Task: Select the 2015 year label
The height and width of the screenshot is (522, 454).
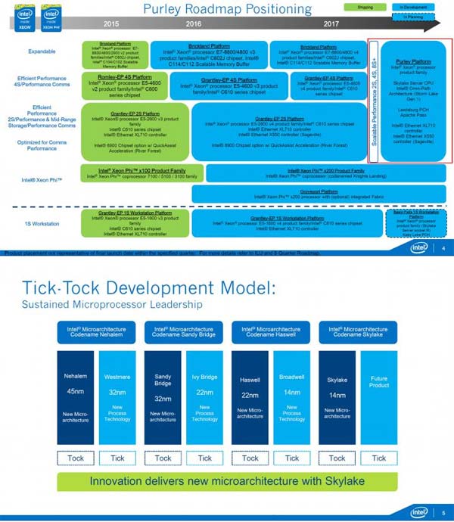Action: pyautogui.click(x=111, y=24)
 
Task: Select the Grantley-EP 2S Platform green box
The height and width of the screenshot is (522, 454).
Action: pyautogui.click(x=135, y=130)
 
